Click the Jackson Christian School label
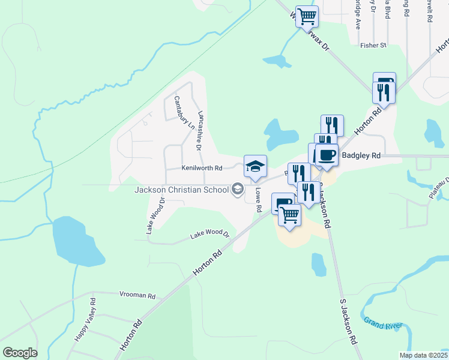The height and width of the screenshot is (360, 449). coord(181,190)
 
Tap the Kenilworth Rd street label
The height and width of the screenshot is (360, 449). coord(202,168)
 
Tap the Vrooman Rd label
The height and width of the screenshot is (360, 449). coord(137,296)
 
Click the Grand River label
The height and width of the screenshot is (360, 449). coord(381,325)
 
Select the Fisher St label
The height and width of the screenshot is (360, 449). coord(373,45)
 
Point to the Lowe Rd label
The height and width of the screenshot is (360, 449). coord(259,200)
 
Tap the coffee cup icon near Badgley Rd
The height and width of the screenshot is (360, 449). coord(327,155)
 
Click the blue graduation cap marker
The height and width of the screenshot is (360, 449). coord(255,166)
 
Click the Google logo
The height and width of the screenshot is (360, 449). coord(20,352)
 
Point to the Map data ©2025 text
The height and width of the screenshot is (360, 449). coord(423,355)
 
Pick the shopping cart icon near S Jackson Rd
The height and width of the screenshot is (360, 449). coord(289,214)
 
